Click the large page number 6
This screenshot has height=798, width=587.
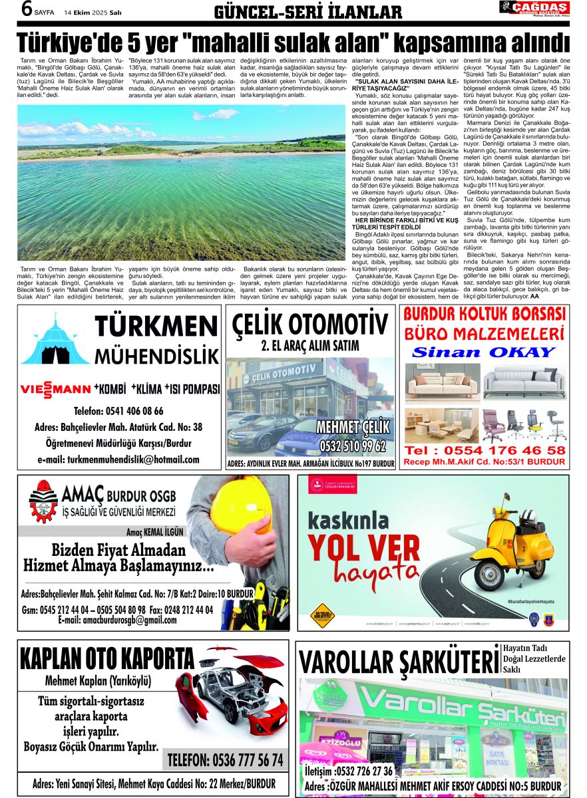tap(27, 9)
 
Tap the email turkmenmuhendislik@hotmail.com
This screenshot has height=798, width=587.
tap(118, 460)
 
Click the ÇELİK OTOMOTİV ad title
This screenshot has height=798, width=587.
tap(309, 324)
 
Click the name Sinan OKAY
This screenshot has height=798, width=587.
tap(483, 352)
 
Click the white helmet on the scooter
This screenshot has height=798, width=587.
tap(533, 516)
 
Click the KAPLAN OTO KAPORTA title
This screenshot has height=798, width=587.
tap(106, 658)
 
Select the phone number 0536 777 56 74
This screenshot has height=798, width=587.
tap(225, 759)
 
